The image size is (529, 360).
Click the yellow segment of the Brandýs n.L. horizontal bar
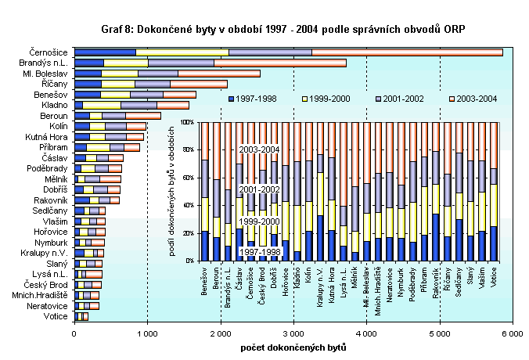(x=126, y=63)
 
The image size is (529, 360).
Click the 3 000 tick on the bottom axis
(x=293, y=333)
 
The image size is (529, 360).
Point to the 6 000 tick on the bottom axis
(x=513, y=333)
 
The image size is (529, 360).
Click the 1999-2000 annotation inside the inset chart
(x=260, y=223)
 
